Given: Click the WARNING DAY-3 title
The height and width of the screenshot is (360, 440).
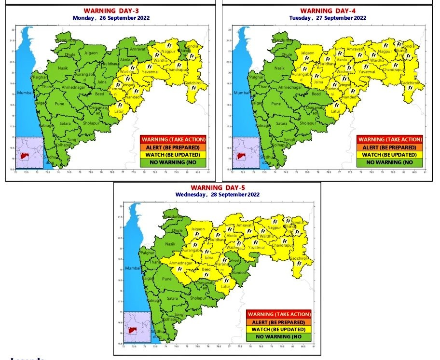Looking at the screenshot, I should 111,11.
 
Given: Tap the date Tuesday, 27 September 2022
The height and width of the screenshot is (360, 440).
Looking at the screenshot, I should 328,18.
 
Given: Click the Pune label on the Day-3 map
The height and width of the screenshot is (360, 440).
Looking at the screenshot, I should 59,104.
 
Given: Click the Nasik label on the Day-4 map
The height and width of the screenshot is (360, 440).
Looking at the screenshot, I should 279,68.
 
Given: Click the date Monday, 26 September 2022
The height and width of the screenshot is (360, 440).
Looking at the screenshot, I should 111,18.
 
